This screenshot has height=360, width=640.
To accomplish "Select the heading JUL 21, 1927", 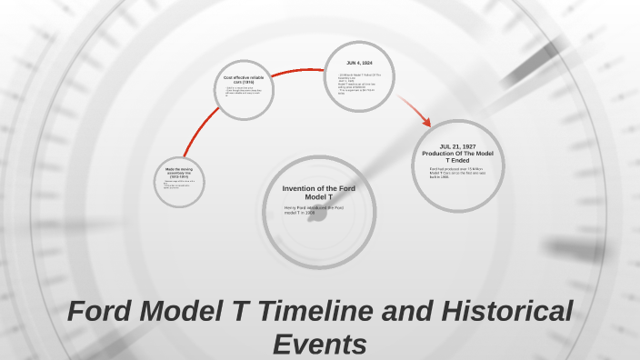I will (x=457, y=146).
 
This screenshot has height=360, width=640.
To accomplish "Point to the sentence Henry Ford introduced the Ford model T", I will (x=314, y=210).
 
